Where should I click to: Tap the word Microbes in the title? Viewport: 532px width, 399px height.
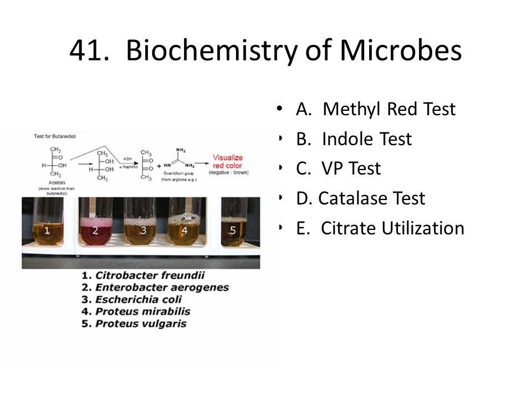[x=401, y=51]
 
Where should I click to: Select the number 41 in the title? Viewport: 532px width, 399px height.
[x=89, y=51]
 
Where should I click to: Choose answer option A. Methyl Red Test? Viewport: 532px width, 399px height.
[x=375, y=109]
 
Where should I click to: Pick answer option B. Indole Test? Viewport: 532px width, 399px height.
[x=354, y=139]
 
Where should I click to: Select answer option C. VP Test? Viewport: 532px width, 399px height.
[x=338, y=168]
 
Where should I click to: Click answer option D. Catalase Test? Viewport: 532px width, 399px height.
[x=360, y=198]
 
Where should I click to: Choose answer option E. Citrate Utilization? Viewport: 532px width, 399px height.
[x=380, y=228]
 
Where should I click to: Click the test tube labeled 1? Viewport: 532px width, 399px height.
[x=48, y=224]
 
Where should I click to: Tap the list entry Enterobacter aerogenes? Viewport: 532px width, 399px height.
[x=161, y=287]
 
